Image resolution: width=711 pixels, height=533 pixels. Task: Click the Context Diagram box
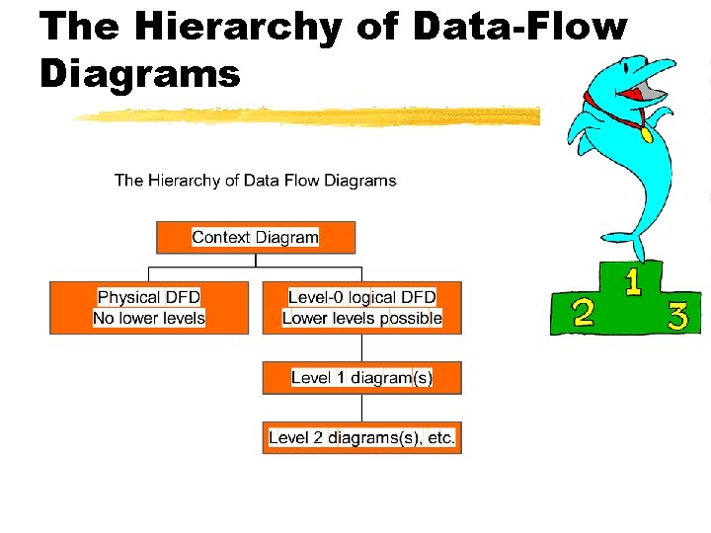click(x=256, y=237)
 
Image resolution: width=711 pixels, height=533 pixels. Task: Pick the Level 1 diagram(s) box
click(x=361, y=378)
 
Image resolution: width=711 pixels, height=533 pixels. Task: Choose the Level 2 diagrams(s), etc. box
click(x=361, y=437)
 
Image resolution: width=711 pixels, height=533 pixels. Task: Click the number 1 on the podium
click(x=632, y=283)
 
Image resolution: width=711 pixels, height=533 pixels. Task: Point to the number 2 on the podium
click(x=584, y=313)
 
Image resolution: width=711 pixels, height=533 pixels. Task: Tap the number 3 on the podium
click(x=677, y=316)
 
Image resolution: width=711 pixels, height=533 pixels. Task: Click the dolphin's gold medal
click(x=647, y=134)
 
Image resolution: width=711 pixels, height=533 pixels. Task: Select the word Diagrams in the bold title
click(x=139, y=74)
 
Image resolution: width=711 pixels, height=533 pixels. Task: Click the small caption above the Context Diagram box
click(x=255, y=181)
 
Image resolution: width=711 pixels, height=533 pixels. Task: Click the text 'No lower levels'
click(x=149, y=318)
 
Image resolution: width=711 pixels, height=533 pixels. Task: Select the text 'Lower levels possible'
click(x=361, y=318)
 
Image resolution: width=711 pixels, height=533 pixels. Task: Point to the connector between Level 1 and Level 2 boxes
click(x=361, y=408)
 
